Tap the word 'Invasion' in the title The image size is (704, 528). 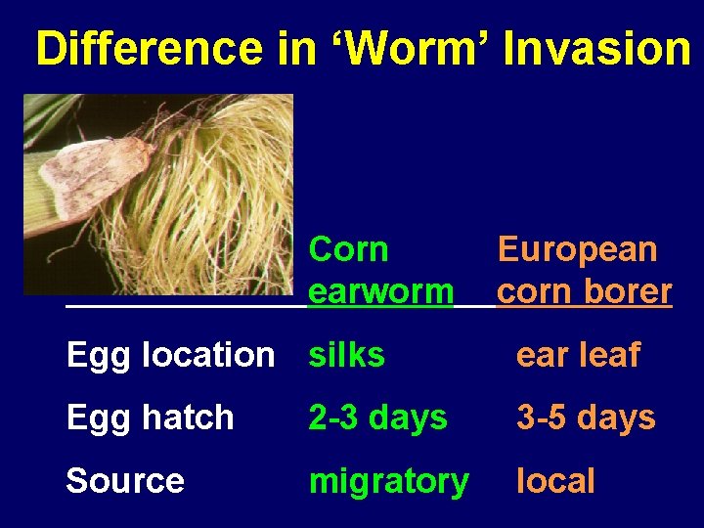[x=596, y=49]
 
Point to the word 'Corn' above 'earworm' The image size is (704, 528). [x=348, y=250]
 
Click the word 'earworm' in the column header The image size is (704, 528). [x=380, y=291]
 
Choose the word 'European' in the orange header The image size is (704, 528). [x=577, y=250]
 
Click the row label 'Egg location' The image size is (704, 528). [x=170, y=355]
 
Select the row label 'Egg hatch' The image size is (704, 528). [x=150, y=418]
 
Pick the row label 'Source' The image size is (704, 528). [x=124, y=481]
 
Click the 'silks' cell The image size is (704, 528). [x=346, y=355]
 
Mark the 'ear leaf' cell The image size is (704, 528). [x=578, y=355]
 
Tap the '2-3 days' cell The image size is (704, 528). [x=377, y=418]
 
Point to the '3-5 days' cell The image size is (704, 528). [x=586, y=418]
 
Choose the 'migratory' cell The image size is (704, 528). [x=388, y=482]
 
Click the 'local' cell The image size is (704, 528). [x=555, y=481]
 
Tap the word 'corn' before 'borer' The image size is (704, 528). [x=537, y=291]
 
